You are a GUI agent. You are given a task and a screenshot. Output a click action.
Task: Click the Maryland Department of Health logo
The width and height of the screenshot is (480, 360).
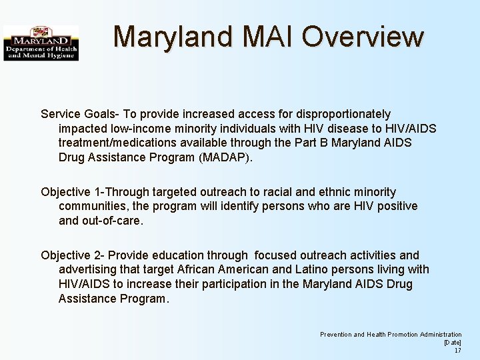pos(41,43)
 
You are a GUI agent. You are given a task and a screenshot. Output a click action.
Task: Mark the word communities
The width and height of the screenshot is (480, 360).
pos(93,206)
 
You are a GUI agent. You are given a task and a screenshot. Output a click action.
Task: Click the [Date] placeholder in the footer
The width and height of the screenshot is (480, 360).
pos(453,343)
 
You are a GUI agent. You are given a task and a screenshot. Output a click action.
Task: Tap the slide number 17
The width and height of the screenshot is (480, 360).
pos(457,351)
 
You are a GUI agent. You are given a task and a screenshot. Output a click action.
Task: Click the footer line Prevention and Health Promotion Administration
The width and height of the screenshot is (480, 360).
pos(391,335)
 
